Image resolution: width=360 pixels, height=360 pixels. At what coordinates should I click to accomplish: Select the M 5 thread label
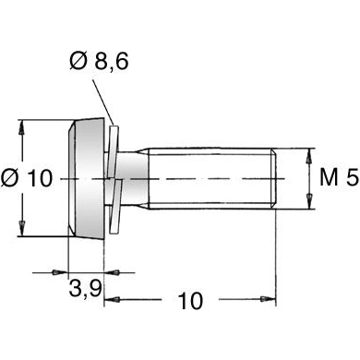pyautogui.click(x=336, y=178)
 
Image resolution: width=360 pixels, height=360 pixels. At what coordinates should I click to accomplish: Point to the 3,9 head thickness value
pyautogui.click(x=85, y=289)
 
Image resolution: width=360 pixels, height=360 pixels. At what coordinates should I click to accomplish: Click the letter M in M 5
pyautogui.click(x=326, y=178)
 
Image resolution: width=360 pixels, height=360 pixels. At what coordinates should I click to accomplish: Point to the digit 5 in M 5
pyautogui.click(x=352, y=178)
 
